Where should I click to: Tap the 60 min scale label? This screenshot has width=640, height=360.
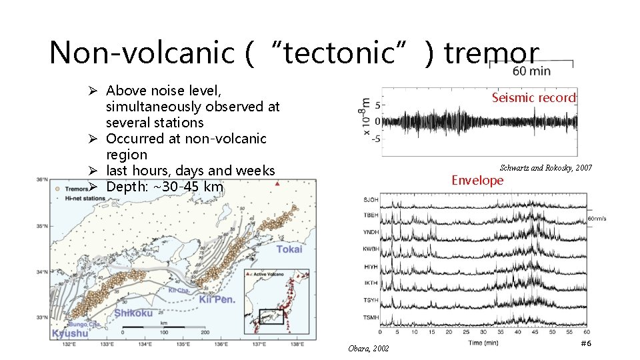pos(532,71)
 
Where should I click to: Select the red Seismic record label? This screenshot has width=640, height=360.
pos(533,97)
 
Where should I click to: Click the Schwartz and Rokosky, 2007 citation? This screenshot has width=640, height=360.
pos(545,167)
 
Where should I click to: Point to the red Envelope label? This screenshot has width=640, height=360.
pos(477,180)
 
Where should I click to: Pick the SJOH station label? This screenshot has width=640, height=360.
pos(371,200)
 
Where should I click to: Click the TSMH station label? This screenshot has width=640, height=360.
pos(371,317)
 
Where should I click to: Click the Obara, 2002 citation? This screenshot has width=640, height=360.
pos(369,349)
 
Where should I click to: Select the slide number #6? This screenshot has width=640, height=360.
pos(586,343)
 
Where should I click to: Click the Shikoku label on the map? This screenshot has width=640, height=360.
pos(133,313)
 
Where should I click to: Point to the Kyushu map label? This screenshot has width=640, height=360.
pos(69,333)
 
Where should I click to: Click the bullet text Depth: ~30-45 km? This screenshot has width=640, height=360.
pos(164,187)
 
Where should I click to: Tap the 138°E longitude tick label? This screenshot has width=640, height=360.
pos(297,344)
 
